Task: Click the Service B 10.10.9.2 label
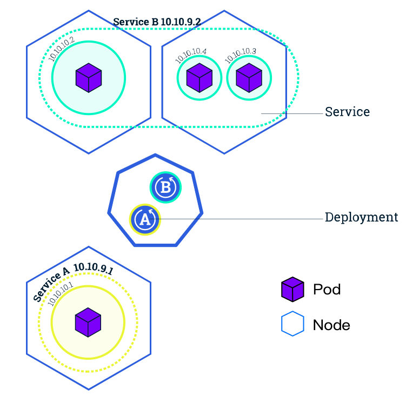click(x=156, y=22)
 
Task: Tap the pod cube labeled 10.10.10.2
click(x=89, y=77)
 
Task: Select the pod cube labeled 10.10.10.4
click(x=199, y=78)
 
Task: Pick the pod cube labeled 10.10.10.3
click(x=249, y=78)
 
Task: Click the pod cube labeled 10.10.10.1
click(x=88, y=322)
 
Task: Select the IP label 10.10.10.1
click(x=60, y=294)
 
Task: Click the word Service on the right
click(x=347, y=112)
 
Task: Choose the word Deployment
click(x=361, y=217)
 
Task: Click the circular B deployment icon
click(x=165, y=187)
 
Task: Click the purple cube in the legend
click(x=292, y=289)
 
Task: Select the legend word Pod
click(x=327, y=289)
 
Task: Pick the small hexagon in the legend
click(x=292, y=325)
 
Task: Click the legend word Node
click(x=331, y=325)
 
